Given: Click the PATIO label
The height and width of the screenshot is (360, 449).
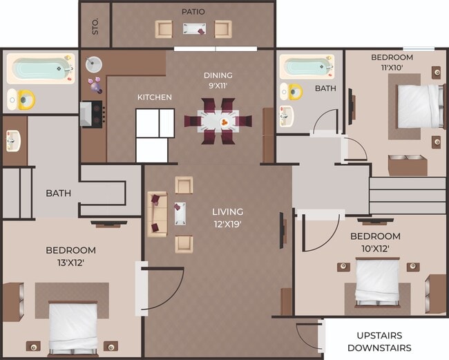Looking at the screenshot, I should [x=193, y=12].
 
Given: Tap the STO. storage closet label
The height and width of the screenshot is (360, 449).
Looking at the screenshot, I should [x=95, y=27].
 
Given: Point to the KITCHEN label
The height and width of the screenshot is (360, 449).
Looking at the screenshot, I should [x=154, y=97].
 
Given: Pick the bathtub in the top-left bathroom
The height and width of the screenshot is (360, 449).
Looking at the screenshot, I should [x=39, y=69].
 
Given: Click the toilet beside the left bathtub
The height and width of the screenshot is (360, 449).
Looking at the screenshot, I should [x=23, y=100].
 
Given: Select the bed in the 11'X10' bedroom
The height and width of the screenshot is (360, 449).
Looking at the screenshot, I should [x=419, y=106].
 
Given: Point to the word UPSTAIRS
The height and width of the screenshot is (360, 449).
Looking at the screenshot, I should [x=379, y=335].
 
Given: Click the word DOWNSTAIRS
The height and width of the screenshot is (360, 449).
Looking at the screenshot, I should [x=379, y=348].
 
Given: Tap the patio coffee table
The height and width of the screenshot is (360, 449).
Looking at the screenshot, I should [x=193, y=28].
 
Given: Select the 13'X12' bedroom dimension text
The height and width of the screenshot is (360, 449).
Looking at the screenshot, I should [x=70, y=263].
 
